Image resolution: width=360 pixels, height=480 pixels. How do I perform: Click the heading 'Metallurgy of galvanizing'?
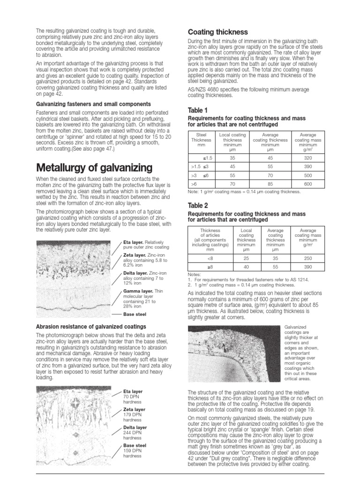(94, 167)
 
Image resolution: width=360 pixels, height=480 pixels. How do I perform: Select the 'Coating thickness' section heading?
(217, 32)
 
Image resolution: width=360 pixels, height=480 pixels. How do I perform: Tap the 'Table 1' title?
(197, 110)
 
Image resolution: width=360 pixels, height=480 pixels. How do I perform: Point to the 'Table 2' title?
(197, 205)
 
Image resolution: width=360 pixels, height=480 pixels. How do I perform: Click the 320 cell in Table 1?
(307, 158)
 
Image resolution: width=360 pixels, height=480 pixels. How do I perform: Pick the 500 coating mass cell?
(307, 175)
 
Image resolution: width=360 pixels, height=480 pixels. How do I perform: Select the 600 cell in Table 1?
(307, 184)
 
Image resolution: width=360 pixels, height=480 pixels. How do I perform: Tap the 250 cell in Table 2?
(307, 257)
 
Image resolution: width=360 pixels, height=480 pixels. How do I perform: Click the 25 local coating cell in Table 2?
(246, 257)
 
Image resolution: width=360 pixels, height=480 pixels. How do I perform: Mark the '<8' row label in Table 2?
(210, 257)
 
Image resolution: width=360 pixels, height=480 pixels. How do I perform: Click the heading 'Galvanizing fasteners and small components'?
(93, 104)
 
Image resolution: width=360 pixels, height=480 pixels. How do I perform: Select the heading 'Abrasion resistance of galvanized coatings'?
(91, 326)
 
